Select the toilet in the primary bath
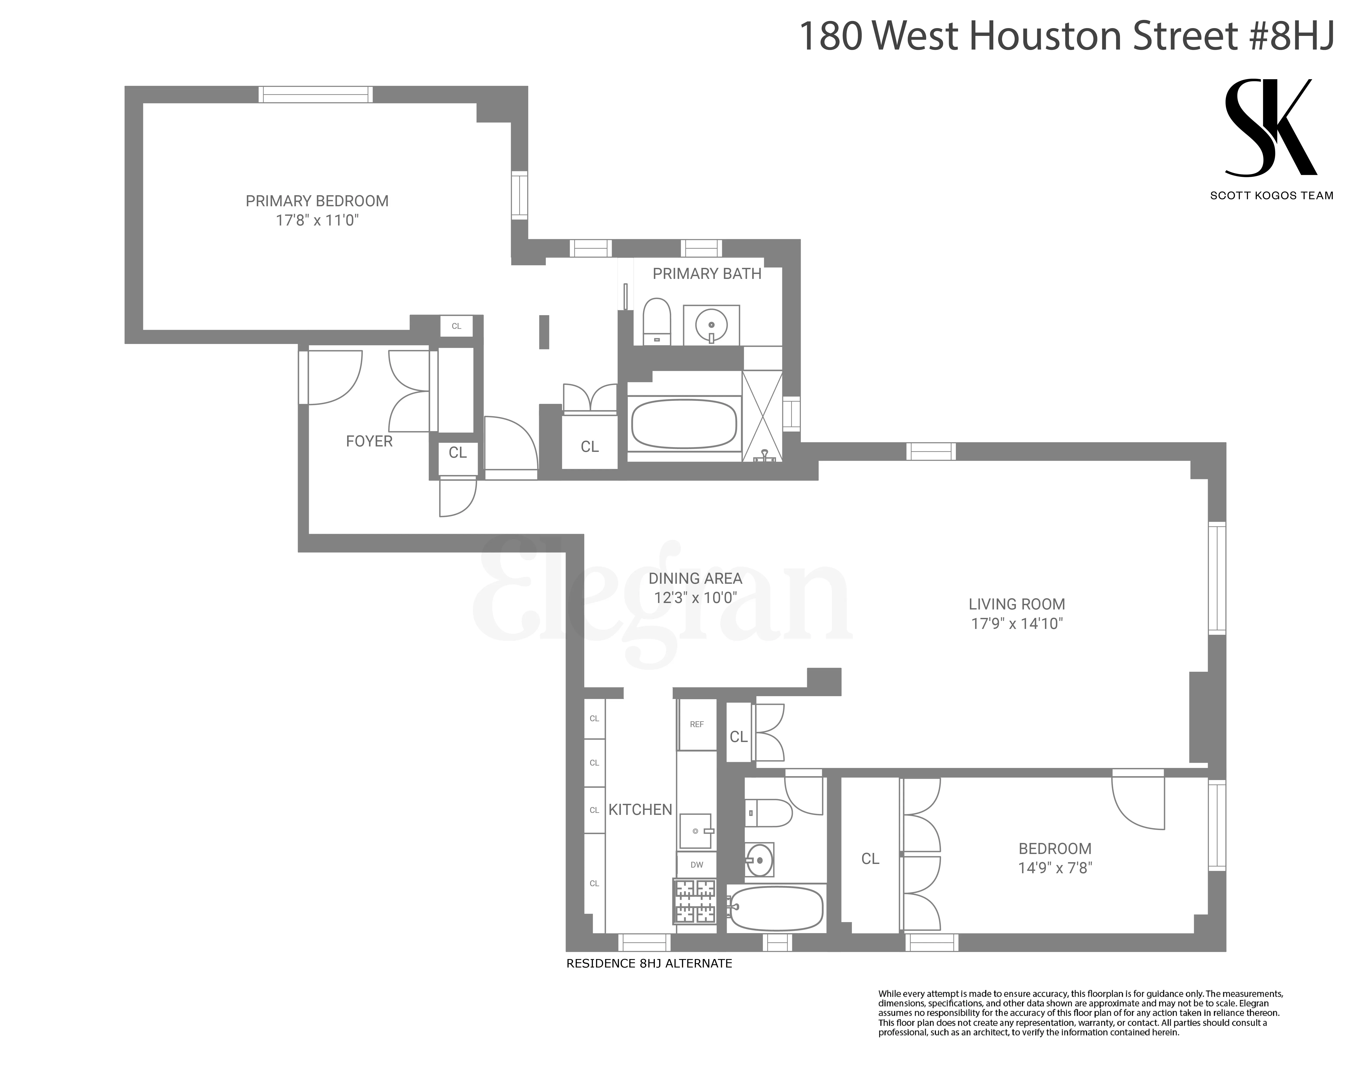tap(657, 321)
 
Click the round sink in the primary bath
tap(711, 325)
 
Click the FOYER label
tap(369, 441)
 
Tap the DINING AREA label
tap(695, 578)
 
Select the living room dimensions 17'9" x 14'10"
tap(1016, 624)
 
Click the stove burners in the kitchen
tap(694, 901)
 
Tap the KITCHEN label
tap(640, 810)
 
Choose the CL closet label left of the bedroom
tap(870, 859)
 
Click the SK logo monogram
tap(1271, 128)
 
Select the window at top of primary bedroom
tap(316, 94)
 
